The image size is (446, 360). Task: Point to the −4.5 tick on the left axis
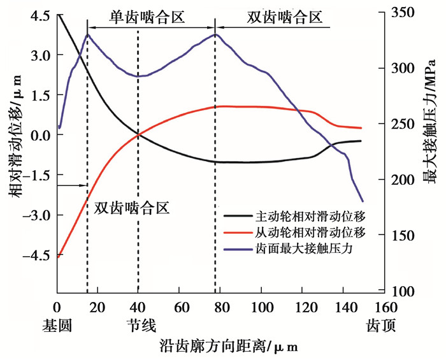[36, 256]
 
